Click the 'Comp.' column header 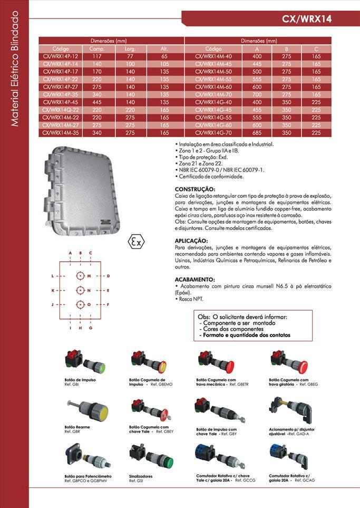(x=97, y=49)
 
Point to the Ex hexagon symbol (x=137, y=242)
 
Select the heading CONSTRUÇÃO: (x=195, y=188)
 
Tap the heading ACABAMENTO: (x=195, y=279)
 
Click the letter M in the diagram (x=89, y=276)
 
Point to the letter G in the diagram (x=91, y=328)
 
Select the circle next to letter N (x=80, y=290)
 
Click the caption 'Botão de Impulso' (x=80, y=379)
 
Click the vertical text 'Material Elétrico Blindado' (x=15, y=69)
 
